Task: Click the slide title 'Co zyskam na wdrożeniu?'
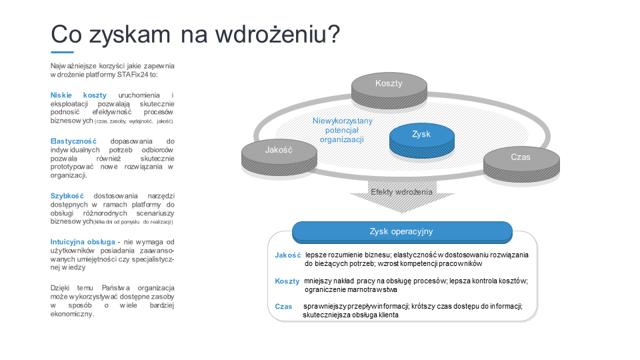click(195, 34)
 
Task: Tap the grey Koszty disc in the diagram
click(389, 90)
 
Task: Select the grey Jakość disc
click(279, 157)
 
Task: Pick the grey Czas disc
click(521, 164)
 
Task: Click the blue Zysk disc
click(421, 141)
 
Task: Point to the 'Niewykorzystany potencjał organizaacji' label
click(342, 130)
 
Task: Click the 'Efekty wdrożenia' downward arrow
click(401, 197)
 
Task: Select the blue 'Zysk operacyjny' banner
click(402, 232)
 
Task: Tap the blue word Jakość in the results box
click(288, 255)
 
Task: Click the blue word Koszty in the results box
click(287, 281)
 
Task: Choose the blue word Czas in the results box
click(283, 307)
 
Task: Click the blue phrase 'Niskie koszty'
click(79, 95)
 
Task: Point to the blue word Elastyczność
click(73, 141)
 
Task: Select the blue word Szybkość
click(67, 196)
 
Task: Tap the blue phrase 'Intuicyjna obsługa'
click(83, 242)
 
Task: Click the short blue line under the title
click(62, 52)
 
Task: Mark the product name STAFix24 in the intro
click(133, 75)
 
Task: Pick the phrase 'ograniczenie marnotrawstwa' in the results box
click(351, 290)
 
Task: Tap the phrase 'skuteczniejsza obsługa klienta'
click(350, 315)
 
